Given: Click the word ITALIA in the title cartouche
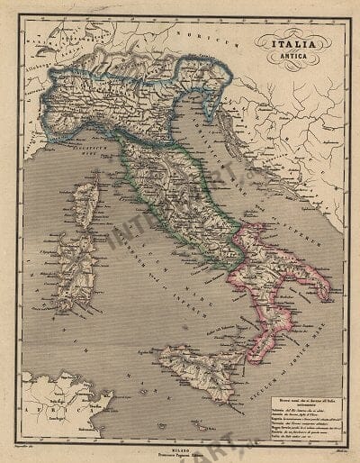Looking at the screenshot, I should tap(290, 41).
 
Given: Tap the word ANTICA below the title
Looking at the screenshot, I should tap(290, 57).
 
